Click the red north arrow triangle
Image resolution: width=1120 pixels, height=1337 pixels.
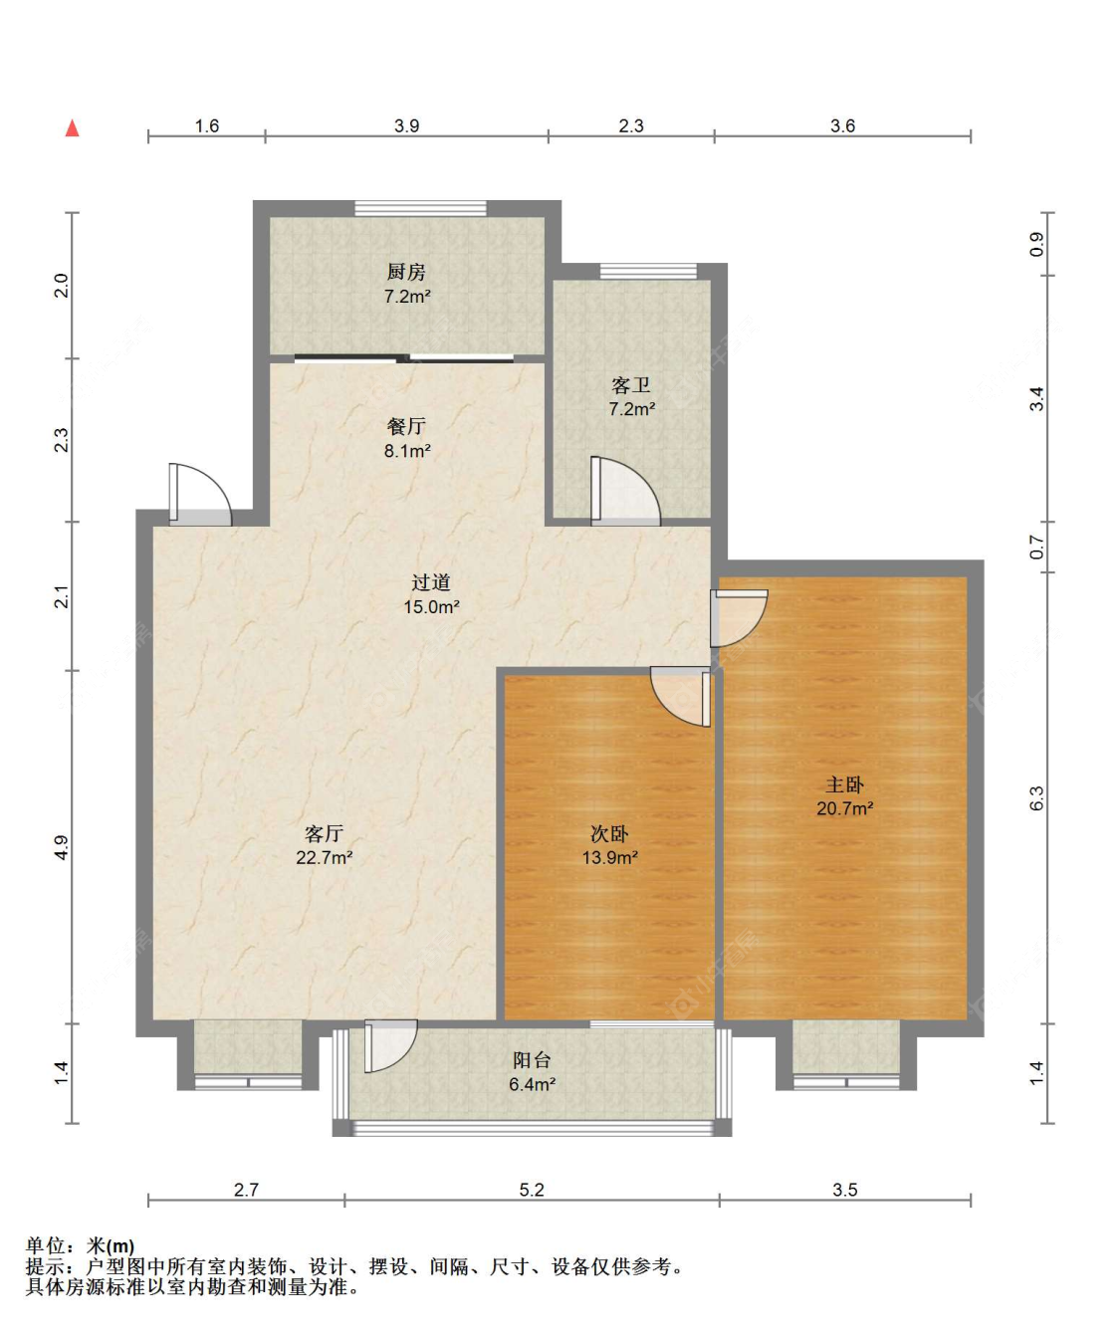pyautogui.click(x=73, y=128)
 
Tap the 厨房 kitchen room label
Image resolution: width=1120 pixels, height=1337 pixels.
pyautogui.click(x=406, y=272)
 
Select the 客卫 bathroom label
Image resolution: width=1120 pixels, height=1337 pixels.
pyautogui.click(x=631, y=385)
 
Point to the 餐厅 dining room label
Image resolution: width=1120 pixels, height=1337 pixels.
pyautogui.click(x=406, y=426)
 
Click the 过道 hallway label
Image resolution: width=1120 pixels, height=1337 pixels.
pyautogui.click(x=431, y=582)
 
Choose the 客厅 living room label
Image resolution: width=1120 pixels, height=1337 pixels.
pyautogui.click(x=324, y=833)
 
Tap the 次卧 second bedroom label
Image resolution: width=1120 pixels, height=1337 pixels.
pyautogui.click(x=609, y=833)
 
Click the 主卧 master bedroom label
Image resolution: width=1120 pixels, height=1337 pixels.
pyautogui.click(x=844, y=784)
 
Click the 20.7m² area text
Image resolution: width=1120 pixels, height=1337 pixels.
pyautogui.click(x=844, y=808)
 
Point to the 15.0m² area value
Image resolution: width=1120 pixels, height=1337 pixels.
pyautogui.click(x=431, y=606)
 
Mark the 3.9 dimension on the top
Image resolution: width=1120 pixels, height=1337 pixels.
pyautogui.click(x=406, y=125)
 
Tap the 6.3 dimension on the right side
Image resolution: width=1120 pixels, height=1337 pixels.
pyautogui.click(x=1036, y=797)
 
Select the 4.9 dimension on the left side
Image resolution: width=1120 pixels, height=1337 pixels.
pyautogui.click(x=61, y=847)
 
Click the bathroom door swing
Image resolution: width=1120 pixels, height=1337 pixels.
pyautogui.click(x=625, y=491)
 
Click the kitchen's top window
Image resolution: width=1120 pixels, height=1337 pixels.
pyautogui.click(x=421, y=208)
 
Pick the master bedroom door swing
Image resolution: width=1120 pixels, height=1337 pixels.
pyautogui.click(x=739, y=618)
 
